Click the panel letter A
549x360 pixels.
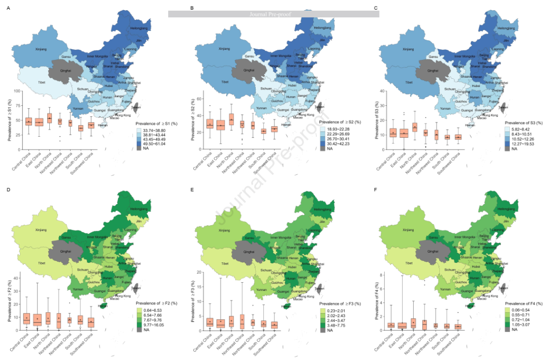click(7, 9)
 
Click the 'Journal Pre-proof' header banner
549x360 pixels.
click(273, 14)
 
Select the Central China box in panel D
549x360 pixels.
click(27, 318)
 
